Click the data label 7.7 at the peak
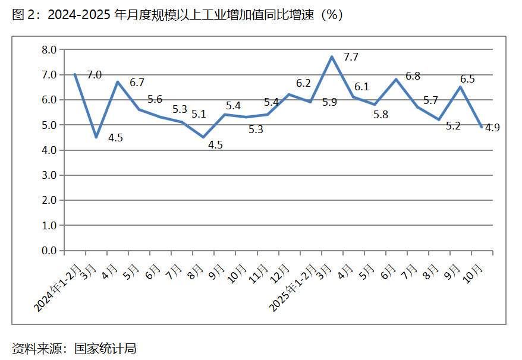[x=351, y=57]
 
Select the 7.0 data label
[x=94, y=75]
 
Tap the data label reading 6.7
[x=137, y=83]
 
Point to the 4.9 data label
[x=492, y=127]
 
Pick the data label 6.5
[x=467, y=79]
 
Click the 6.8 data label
[x=413, y=76]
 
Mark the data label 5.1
[x=199, y=114]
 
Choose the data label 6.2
[x=303, y=83]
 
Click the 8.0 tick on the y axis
[x=48, y=50]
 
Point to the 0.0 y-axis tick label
[x=48, y=251]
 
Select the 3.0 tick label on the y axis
[x=48, y=175]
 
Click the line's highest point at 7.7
[x=332, y=57]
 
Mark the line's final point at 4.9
[x=481, y=126]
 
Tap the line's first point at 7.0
[x=75, y=74]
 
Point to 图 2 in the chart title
[x=21, y=15]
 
